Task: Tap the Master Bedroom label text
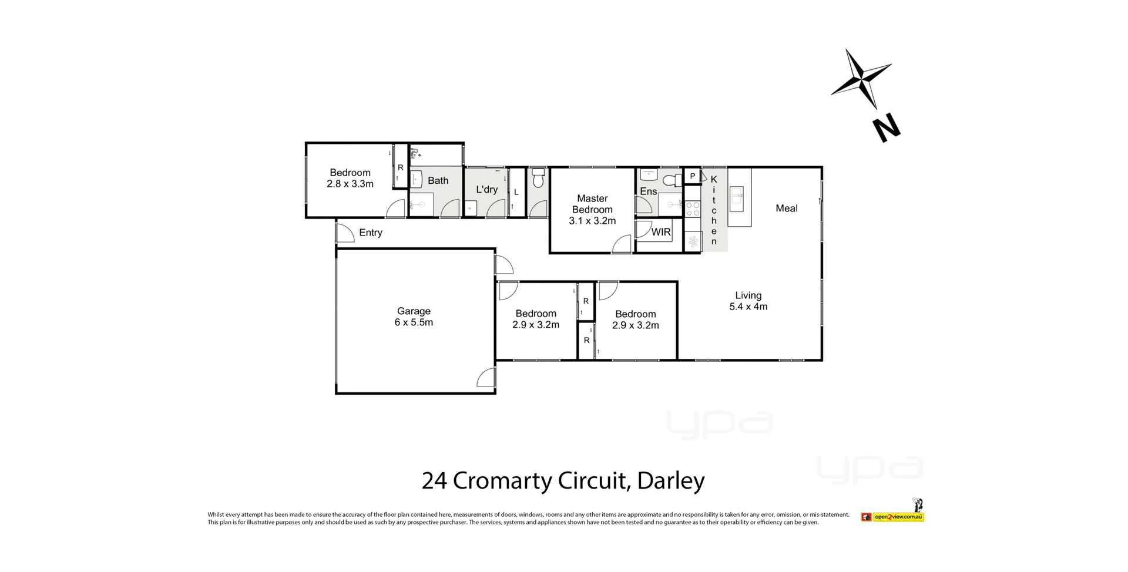[x=592, y=204]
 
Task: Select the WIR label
[x=661, y=232]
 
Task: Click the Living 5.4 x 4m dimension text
[x=748, y=307]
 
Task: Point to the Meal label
[x=786, y=208]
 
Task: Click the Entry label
[x=370, y=233]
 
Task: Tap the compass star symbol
[x=861, y=78]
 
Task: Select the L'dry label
[x=486, y=189]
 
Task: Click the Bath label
[x=438, y=181]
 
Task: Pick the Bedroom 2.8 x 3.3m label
[x=350, y=178]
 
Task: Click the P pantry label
[x=693, y=176]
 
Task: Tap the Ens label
[x=648, y=191]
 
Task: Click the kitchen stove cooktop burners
[x=693, y=209]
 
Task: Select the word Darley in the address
[x=670, y=481]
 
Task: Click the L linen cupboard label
[x=516, y=192]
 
